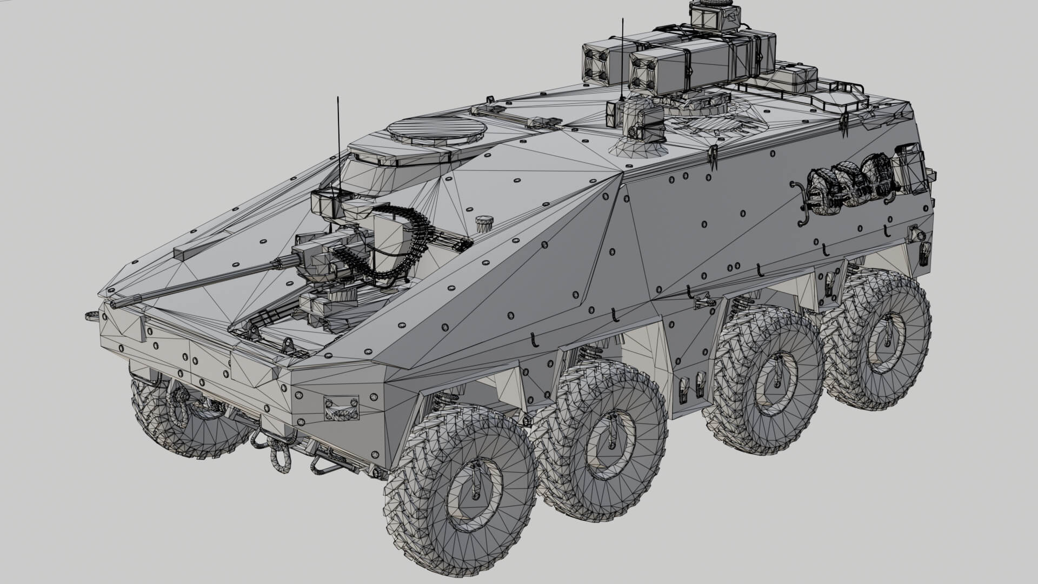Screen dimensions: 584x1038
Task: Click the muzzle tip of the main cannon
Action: coord(115,304)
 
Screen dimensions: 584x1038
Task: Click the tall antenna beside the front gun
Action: coord(338,146)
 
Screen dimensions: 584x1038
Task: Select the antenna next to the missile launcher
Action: coord(622,59)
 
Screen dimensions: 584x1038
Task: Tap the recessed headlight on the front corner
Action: coord(341,407)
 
